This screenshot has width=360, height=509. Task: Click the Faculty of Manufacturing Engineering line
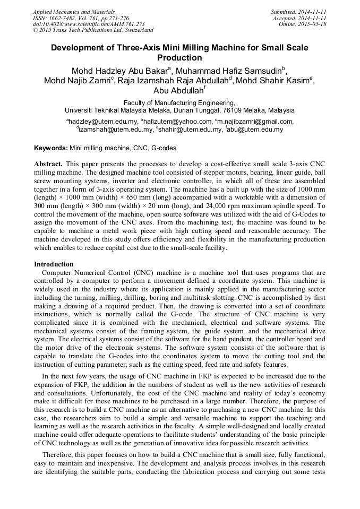pyautogui.click(x=179, y=102)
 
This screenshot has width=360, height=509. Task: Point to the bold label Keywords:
pyautogui.click(x=51, y=148)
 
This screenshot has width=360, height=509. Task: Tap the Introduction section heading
pyautogui.click(x=54, y=264)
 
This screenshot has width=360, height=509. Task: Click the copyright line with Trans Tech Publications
pyautogui.click(x=93, y=30)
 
